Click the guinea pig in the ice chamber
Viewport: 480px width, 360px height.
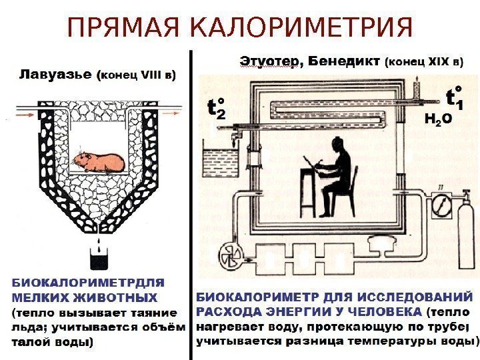click(99, 162)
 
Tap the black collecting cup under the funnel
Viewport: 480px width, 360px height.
click(99, 259)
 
